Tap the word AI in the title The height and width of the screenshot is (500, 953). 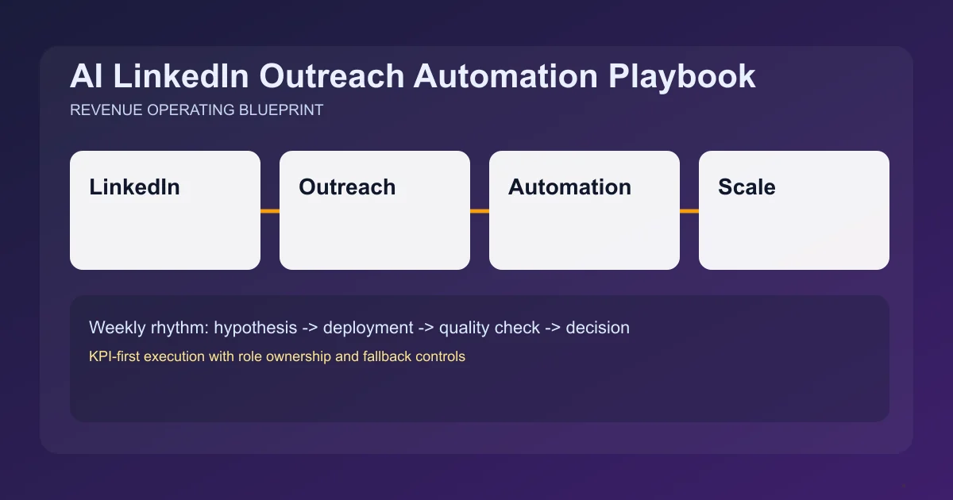click(84, 77)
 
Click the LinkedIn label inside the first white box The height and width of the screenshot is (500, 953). click(134, 187)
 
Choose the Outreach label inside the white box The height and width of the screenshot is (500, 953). click(347, 187)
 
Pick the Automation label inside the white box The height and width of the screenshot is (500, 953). click(569, 187)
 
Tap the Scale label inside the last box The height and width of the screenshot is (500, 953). click(747, 187)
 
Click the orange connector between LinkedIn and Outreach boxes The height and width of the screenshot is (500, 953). click(270, 211)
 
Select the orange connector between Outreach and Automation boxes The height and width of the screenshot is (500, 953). click(480, 211)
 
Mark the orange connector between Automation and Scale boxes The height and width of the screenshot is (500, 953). click(689, 211)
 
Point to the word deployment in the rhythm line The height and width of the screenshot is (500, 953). click(368, 328)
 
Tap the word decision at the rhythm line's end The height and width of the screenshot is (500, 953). click(597, 328)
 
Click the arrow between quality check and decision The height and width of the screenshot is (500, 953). click(553, 328)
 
